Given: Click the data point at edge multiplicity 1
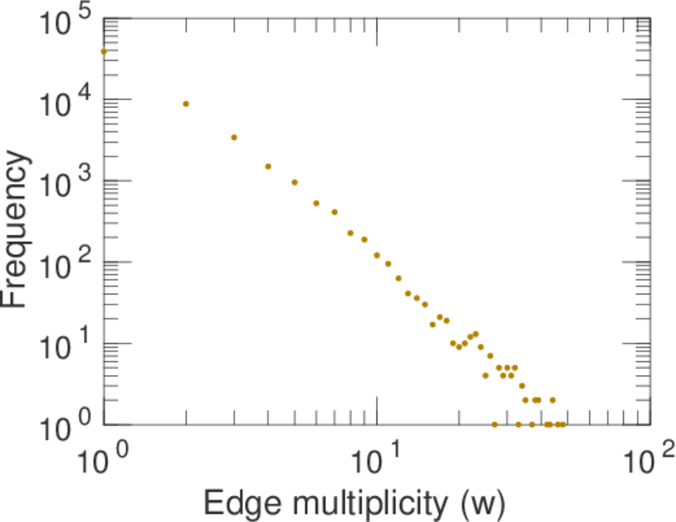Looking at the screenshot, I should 103,51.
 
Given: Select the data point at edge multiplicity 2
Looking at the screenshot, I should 186,104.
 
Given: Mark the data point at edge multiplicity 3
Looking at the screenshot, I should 234,137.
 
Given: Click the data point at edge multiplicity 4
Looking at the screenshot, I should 268,166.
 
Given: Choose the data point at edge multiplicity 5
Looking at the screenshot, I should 295,182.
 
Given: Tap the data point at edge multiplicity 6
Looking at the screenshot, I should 316,203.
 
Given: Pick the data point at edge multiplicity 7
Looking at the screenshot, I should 335,211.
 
